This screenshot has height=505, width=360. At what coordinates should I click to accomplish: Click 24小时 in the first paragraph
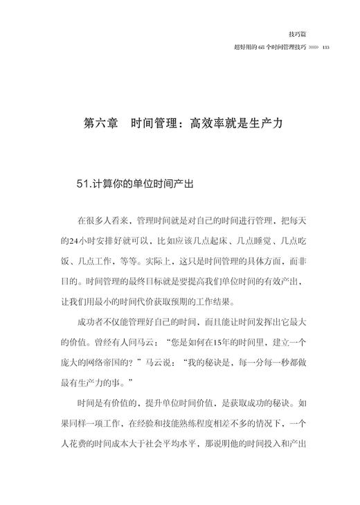point(77,243)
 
